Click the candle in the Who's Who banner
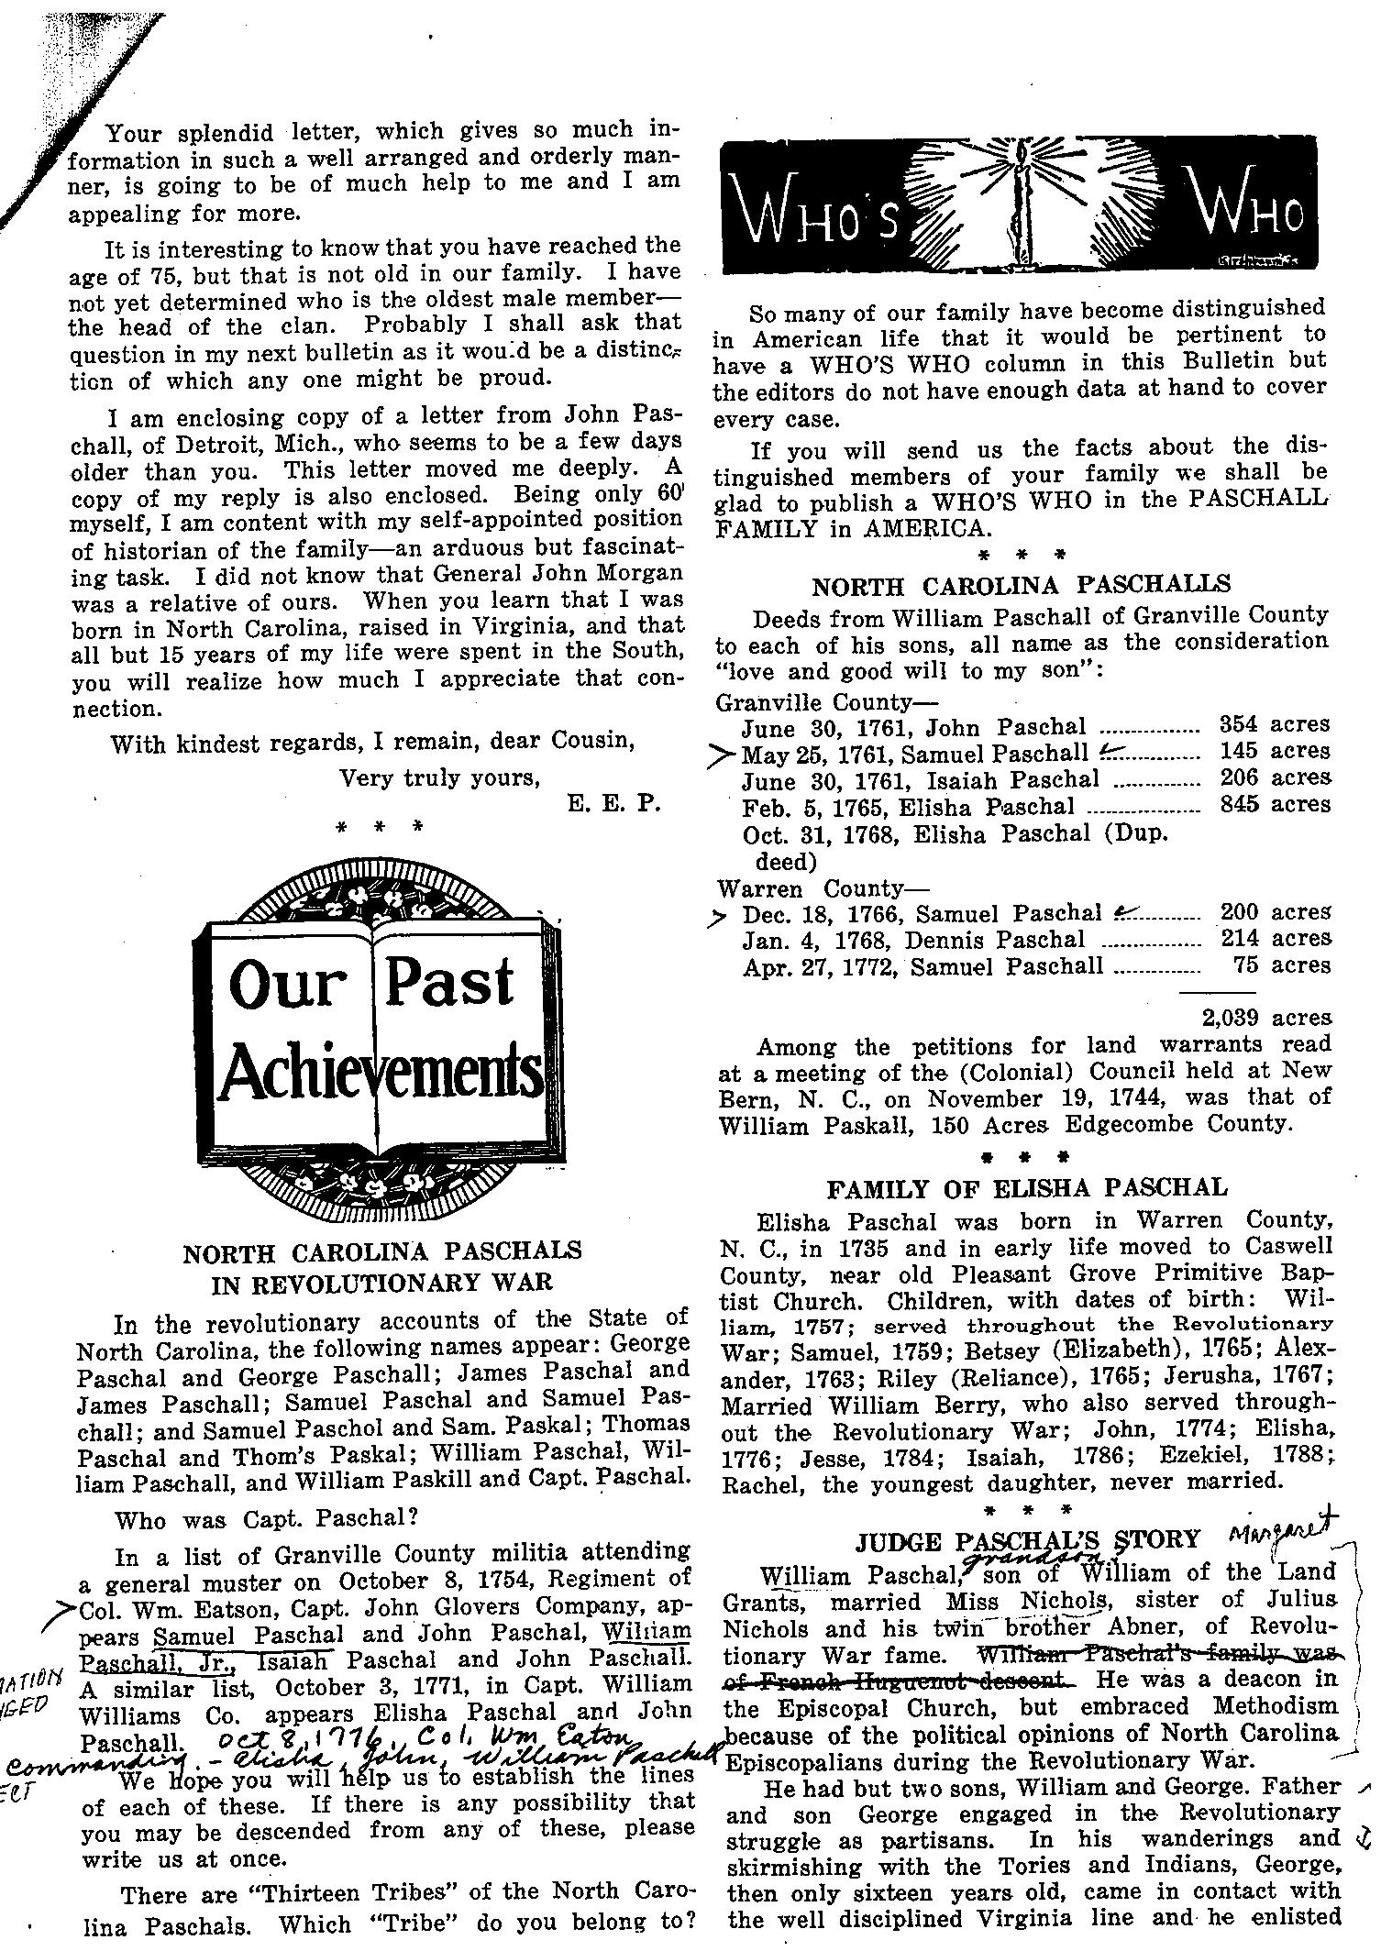click(x=1015, y=207)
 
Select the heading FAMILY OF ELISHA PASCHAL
click(x=1026, y=1188)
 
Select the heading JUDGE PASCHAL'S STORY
click(x=1027, y=1539)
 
